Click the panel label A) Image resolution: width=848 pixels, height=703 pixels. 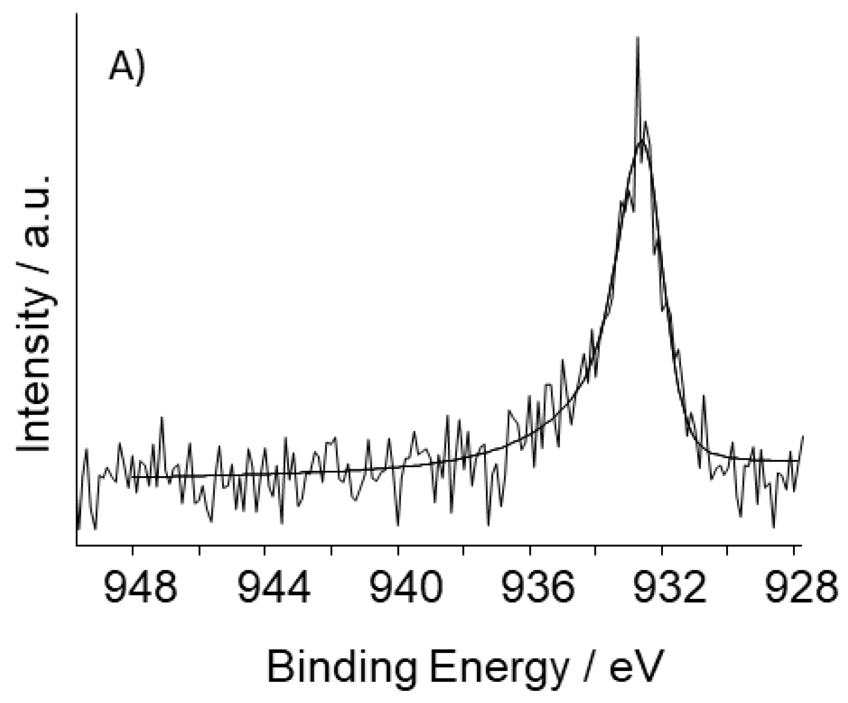point(126,68)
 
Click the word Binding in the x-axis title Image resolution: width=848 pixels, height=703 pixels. point(341,667)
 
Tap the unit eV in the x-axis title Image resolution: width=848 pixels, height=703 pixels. point(636,667)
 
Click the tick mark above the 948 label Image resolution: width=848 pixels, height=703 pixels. point(133,550)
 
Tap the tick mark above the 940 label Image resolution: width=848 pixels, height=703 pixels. point(398,550)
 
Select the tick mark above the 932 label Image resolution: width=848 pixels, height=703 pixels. point(662,550)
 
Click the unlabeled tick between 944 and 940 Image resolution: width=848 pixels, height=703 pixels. point(332,550)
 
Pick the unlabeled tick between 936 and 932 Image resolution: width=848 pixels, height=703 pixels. point(596,550)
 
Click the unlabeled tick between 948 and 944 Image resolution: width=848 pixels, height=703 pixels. point(199,550)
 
